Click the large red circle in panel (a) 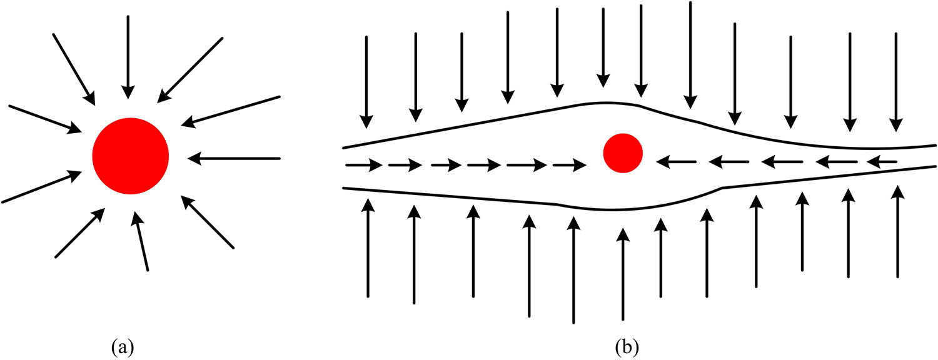pos(130,156)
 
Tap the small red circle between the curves pos(622,153)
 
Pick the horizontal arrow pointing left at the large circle pos(234,158)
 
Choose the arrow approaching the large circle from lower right pos(208,222)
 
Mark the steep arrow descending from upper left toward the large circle pos(74,69)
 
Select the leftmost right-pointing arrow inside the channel pos(363,166)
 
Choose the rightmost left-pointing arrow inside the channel pos(882,162)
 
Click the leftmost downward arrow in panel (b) pos(366,81)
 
